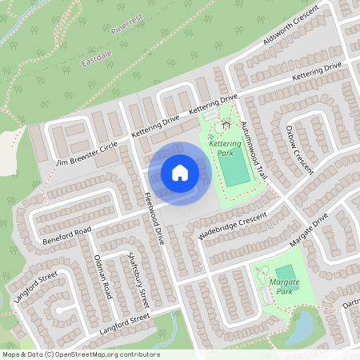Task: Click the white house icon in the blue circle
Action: (180, 173)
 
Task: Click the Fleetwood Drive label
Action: (154, 218)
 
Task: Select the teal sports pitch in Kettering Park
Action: (234, 171)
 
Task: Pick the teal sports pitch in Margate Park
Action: (285, 272)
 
